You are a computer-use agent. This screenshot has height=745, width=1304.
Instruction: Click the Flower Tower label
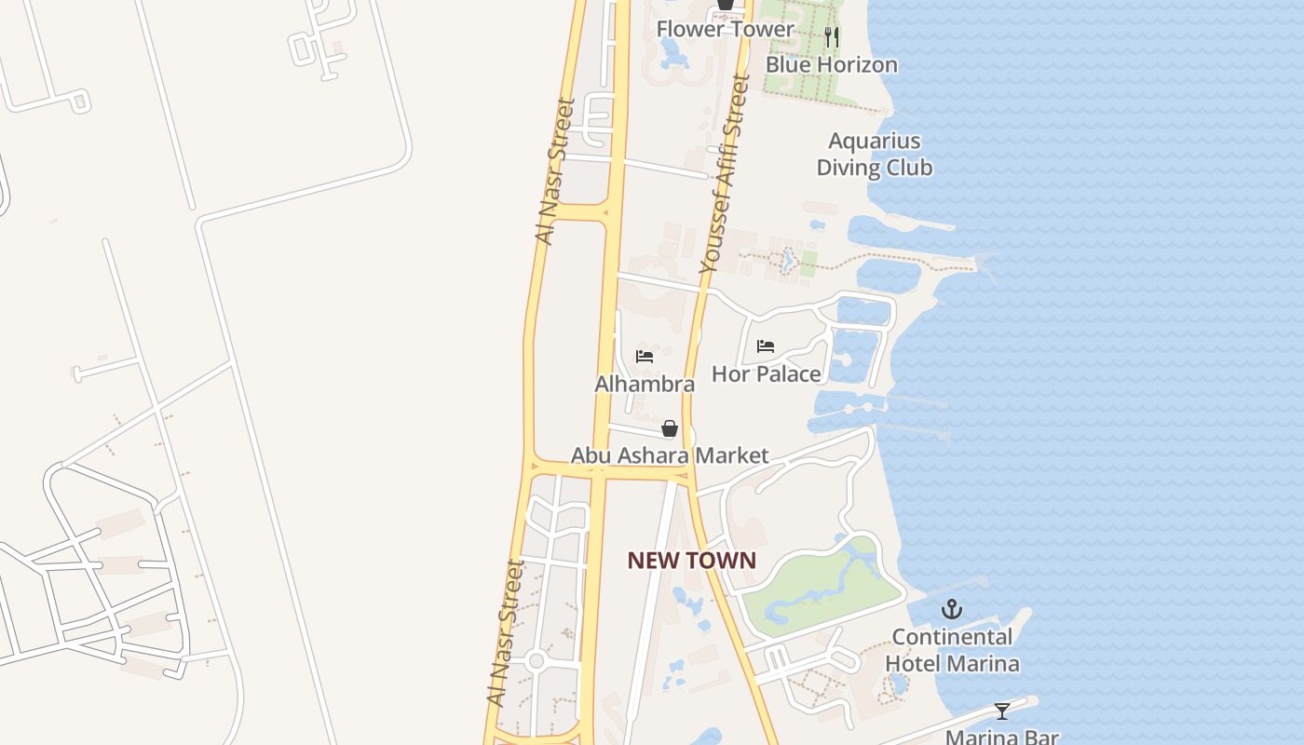pyautogui.click(x=725, y=29)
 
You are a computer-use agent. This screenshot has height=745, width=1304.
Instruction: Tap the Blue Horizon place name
pyautogui.click(x=831, y=64)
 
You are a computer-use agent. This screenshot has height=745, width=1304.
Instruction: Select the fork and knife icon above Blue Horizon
pyautogui.click(x=832, y=37)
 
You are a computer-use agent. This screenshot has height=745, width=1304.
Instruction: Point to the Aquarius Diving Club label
pyautogui.click(x=874, y=155)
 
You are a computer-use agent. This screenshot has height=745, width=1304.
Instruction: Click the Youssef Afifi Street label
pyautogui.click(x=726, y=175)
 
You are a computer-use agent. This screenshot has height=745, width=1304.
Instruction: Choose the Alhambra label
pyautogui.click(x=645, y=384)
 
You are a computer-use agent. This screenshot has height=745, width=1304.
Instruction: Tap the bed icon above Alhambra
pyautogui.click(x=644, y=357)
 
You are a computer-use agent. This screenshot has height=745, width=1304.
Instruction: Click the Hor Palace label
pyautogui.click(x=766, y=373)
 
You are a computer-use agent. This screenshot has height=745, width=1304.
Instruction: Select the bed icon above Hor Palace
pyautogui.click(x=766, y=346)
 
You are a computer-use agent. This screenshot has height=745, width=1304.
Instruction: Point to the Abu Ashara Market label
pyautogui.click(x=669, y=455)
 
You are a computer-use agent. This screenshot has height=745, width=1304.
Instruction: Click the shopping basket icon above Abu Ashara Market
pyautogui.click(x=669, y=428)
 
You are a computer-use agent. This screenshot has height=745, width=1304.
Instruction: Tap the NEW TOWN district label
pyautogui.click(x=691, y=561)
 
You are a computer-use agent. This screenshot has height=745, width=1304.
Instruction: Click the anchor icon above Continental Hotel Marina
pyautogui.click(x=951, y=610)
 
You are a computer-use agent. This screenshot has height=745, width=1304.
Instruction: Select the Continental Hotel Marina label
pyautogui.click(x=951, y=650)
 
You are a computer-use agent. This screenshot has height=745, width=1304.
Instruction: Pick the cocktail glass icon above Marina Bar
pyautogui.click(x=1001, y=711)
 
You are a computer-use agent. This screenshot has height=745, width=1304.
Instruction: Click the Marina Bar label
pyautogui.click(x=1001, y=737)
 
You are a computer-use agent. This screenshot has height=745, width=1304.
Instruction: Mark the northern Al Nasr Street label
pyautogui.click(x=557, y=172)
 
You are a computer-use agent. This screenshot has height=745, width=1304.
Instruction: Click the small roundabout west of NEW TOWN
pyautogui.click(x=536, y=661)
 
